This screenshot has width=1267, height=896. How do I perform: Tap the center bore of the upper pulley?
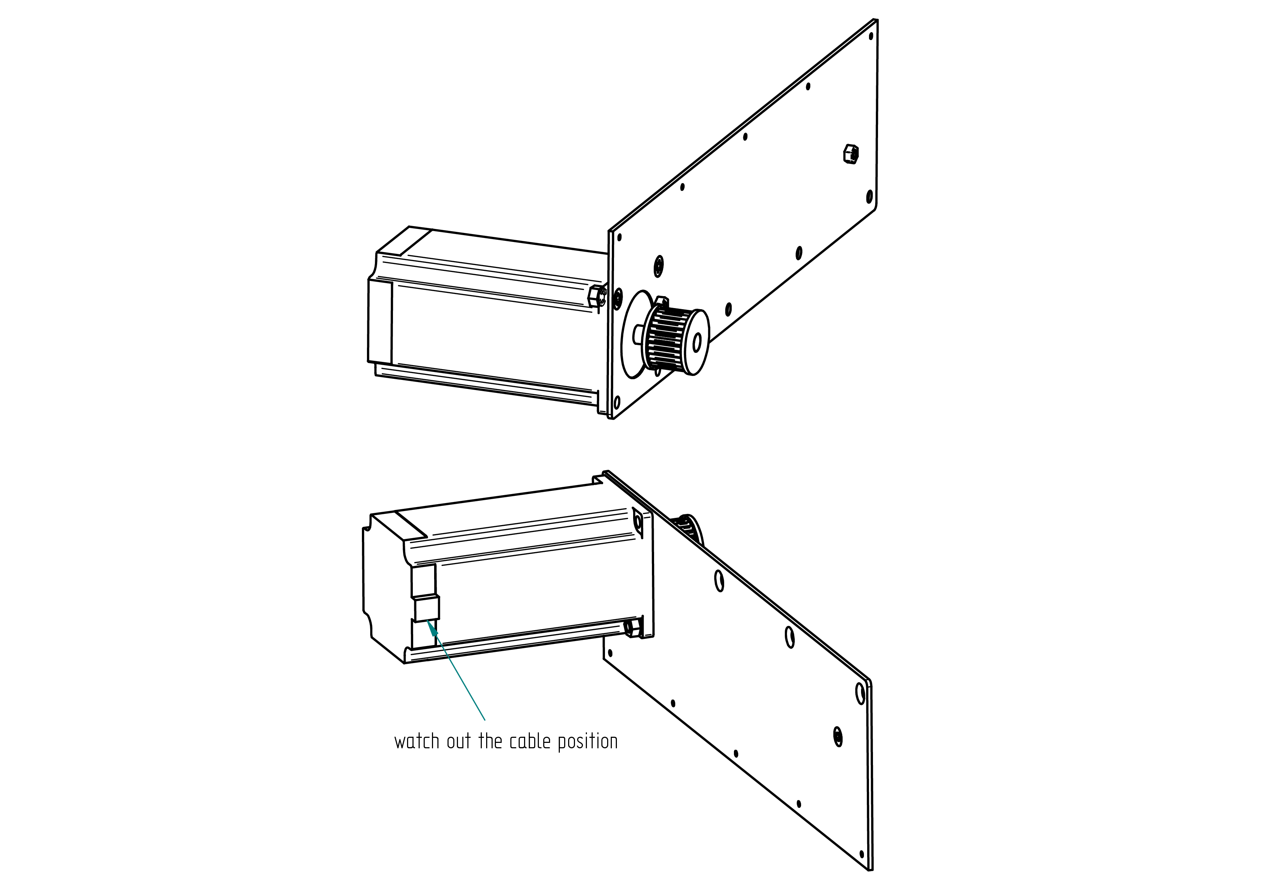(697, 342)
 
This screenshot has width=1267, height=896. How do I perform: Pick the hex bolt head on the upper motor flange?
(597, 296)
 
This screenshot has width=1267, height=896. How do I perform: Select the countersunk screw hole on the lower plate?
(838, 737)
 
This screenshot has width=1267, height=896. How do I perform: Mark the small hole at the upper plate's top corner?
(871, 36)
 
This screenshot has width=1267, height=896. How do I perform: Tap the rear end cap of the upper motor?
(380, 320)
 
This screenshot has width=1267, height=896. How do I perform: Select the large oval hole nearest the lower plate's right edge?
(860, 693)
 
